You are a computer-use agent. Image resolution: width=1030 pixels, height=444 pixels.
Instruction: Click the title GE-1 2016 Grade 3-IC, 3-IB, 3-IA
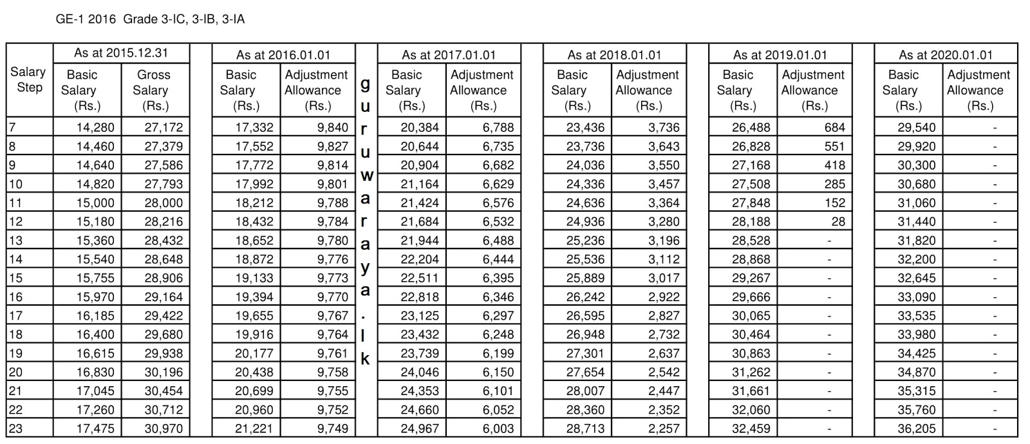coord(151,19)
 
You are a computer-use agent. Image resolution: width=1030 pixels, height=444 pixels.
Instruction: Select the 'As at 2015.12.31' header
coord(122,53)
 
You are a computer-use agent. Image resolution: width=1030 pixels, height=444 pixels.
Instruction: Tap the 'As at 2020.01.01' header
coord(946,55)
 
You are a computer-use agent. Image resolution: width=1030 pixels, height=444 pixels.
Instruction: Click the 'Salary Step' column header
coord(28,80)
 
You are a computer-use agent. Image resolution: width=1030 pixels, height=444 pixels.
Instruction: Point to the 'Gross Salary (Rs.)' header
coord(154,90)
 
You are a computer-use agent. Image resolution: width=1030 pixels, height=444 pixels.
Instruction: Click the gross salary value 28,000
coord(163,203)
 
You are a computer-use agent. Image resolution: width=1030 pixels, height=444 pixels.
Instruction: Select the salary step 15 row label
coord(15,278)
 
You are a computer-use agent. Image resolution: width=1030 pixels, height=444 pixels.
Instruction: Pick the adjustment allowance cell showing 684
coord(834,127)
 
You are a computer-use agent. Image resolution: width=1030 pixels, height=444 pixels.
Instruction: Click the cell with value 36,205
coord(916,429)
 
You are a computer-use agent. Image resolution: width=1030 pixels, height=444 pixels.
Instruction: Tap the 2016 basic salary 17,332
coord(254,127)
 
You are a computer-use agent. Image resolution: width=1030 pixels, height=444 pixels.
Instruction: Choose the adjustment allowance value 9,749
coord(332,429)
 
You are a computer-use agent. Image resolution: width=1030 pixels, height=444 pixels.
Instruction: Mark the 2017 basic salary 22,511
coord(419,278)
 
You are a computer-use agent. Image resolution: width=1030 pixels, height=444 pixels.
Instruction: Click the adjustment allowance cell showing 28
coord(837,221)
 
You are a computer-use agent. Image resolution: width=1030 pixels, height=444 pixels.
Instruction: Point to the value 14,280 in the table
coord(95,127)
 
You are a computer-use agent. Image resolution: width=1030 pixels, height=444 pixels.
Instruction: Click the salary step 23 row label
coord(15,429)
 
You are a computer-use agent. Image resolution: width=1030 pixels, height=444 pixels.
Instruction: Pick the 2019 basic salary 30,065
coord(751,316)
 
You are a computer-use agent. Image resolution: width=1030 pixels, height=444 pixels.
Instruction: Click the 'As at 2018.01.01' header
coord(614,55)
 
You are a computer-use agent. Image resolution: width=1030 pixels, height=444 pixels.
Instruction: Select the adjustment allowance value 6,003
coord(498,429)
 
